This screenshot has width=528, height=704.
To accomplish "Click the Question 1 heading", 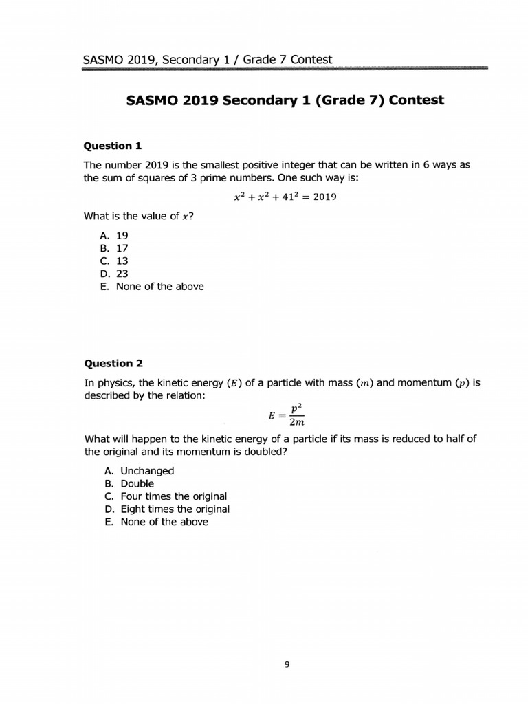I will [112, 146].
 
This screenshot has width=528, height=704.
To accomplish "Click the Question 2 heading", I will [113, 363].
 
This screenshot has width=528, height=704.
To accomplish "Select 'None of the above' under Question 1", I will [152, 287].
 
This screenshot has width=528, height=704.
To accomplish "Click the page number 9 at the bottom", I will [287, 664].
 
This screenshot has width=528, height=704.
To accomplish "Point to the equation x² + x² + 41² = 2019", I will [285, 197].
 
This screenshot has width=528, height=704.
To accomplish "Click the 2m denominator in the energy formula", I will [296, 422].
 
